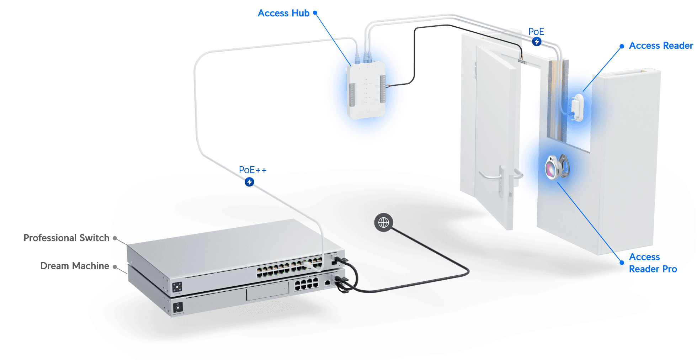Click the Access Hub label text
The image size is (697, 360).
(283, 14)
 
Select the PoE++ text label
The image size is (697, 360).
(252, 170)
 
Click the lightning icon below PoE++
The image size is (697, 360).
(250, 182)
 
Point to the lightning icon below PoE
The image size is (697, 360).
(537, 42)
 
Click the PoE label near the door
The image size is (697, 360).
(536, 32)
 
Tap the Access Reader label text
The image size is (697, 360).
(661, 46)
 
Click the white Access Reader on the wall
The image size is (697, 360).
(578, 107)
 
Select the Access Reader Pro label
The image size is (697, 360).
(652, 263)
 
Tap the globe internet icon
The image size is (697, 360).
(383, 223)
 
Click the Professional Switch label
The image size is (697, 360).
(66, 238)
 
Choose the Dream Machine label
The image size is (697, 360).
(75, 266)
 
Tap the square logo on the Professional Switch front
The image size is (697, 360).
(177, 286)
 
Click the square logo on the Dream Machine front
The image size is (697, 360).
(177, 307)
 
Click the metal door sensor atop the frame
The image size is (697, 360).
(521, 62)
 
